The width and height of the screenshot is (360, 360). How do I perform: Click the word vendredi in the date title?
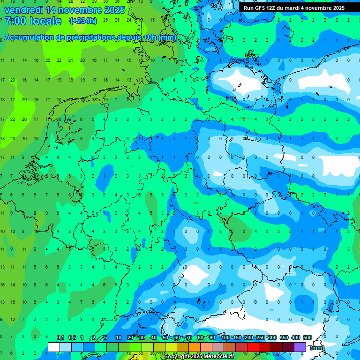click(x=24, y=10)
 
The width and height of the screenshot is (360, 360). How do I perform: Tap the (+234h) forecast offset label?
click(x=83, y=21)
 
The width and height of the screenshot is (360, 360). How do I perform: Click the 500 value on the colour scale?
click(x=307, y=338)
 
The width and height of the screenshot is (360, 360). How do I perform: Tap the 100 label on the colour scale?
click(x=225, y=338)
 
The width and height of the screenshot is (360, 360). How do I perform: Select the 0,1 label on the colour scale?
click(x=60, y=338)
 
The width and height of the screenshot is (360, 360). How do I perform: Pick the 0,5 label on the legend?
click(x=72, y=338)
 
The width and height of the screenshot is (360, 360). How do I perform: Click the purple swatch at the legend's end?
click(x=300, y=347)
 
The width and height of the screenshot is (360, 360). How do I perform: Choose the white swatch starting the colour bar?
click(x=54, y=347)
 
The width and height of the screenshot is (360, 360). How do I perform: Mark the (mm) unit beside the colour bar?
click(x=317, y=348)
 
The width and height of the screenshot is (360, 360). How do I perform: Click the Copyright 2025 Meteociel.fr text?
click(x=199, y=357)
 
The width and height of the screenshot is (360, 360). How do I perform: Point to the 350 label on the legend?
click(x=284, y=338)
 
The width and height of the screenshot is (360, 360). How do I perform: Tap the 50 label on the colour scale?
click(x=165, y=338)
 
